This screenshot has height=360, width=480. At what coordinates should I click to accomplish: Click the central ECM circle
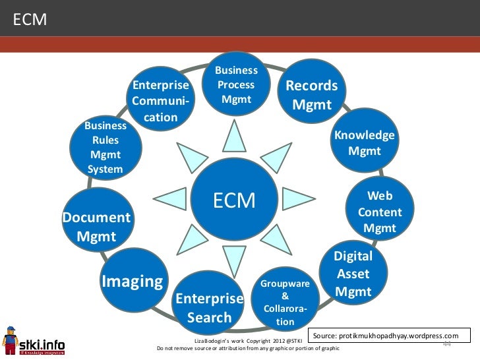click(x=234, y=200)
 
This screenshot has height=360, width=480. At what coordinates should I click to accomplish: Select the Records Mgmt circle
click(x=311, y=95)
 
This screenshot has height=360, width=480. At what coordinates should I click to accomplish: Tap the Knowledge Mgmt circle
click(x=365, y=143)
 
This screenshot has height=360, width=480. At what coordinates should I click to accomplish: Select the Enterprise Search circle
click(x=210, y=307)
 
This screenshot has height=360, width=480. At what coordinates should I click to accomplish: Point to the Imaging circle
click(x=132, y=281)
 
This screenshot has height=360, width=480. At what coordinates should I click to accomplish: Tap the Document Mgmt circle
click(x=96, y=225)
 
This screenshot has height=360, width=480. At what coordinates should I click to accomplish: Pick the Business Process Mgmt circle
click(x=236, y=86)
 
